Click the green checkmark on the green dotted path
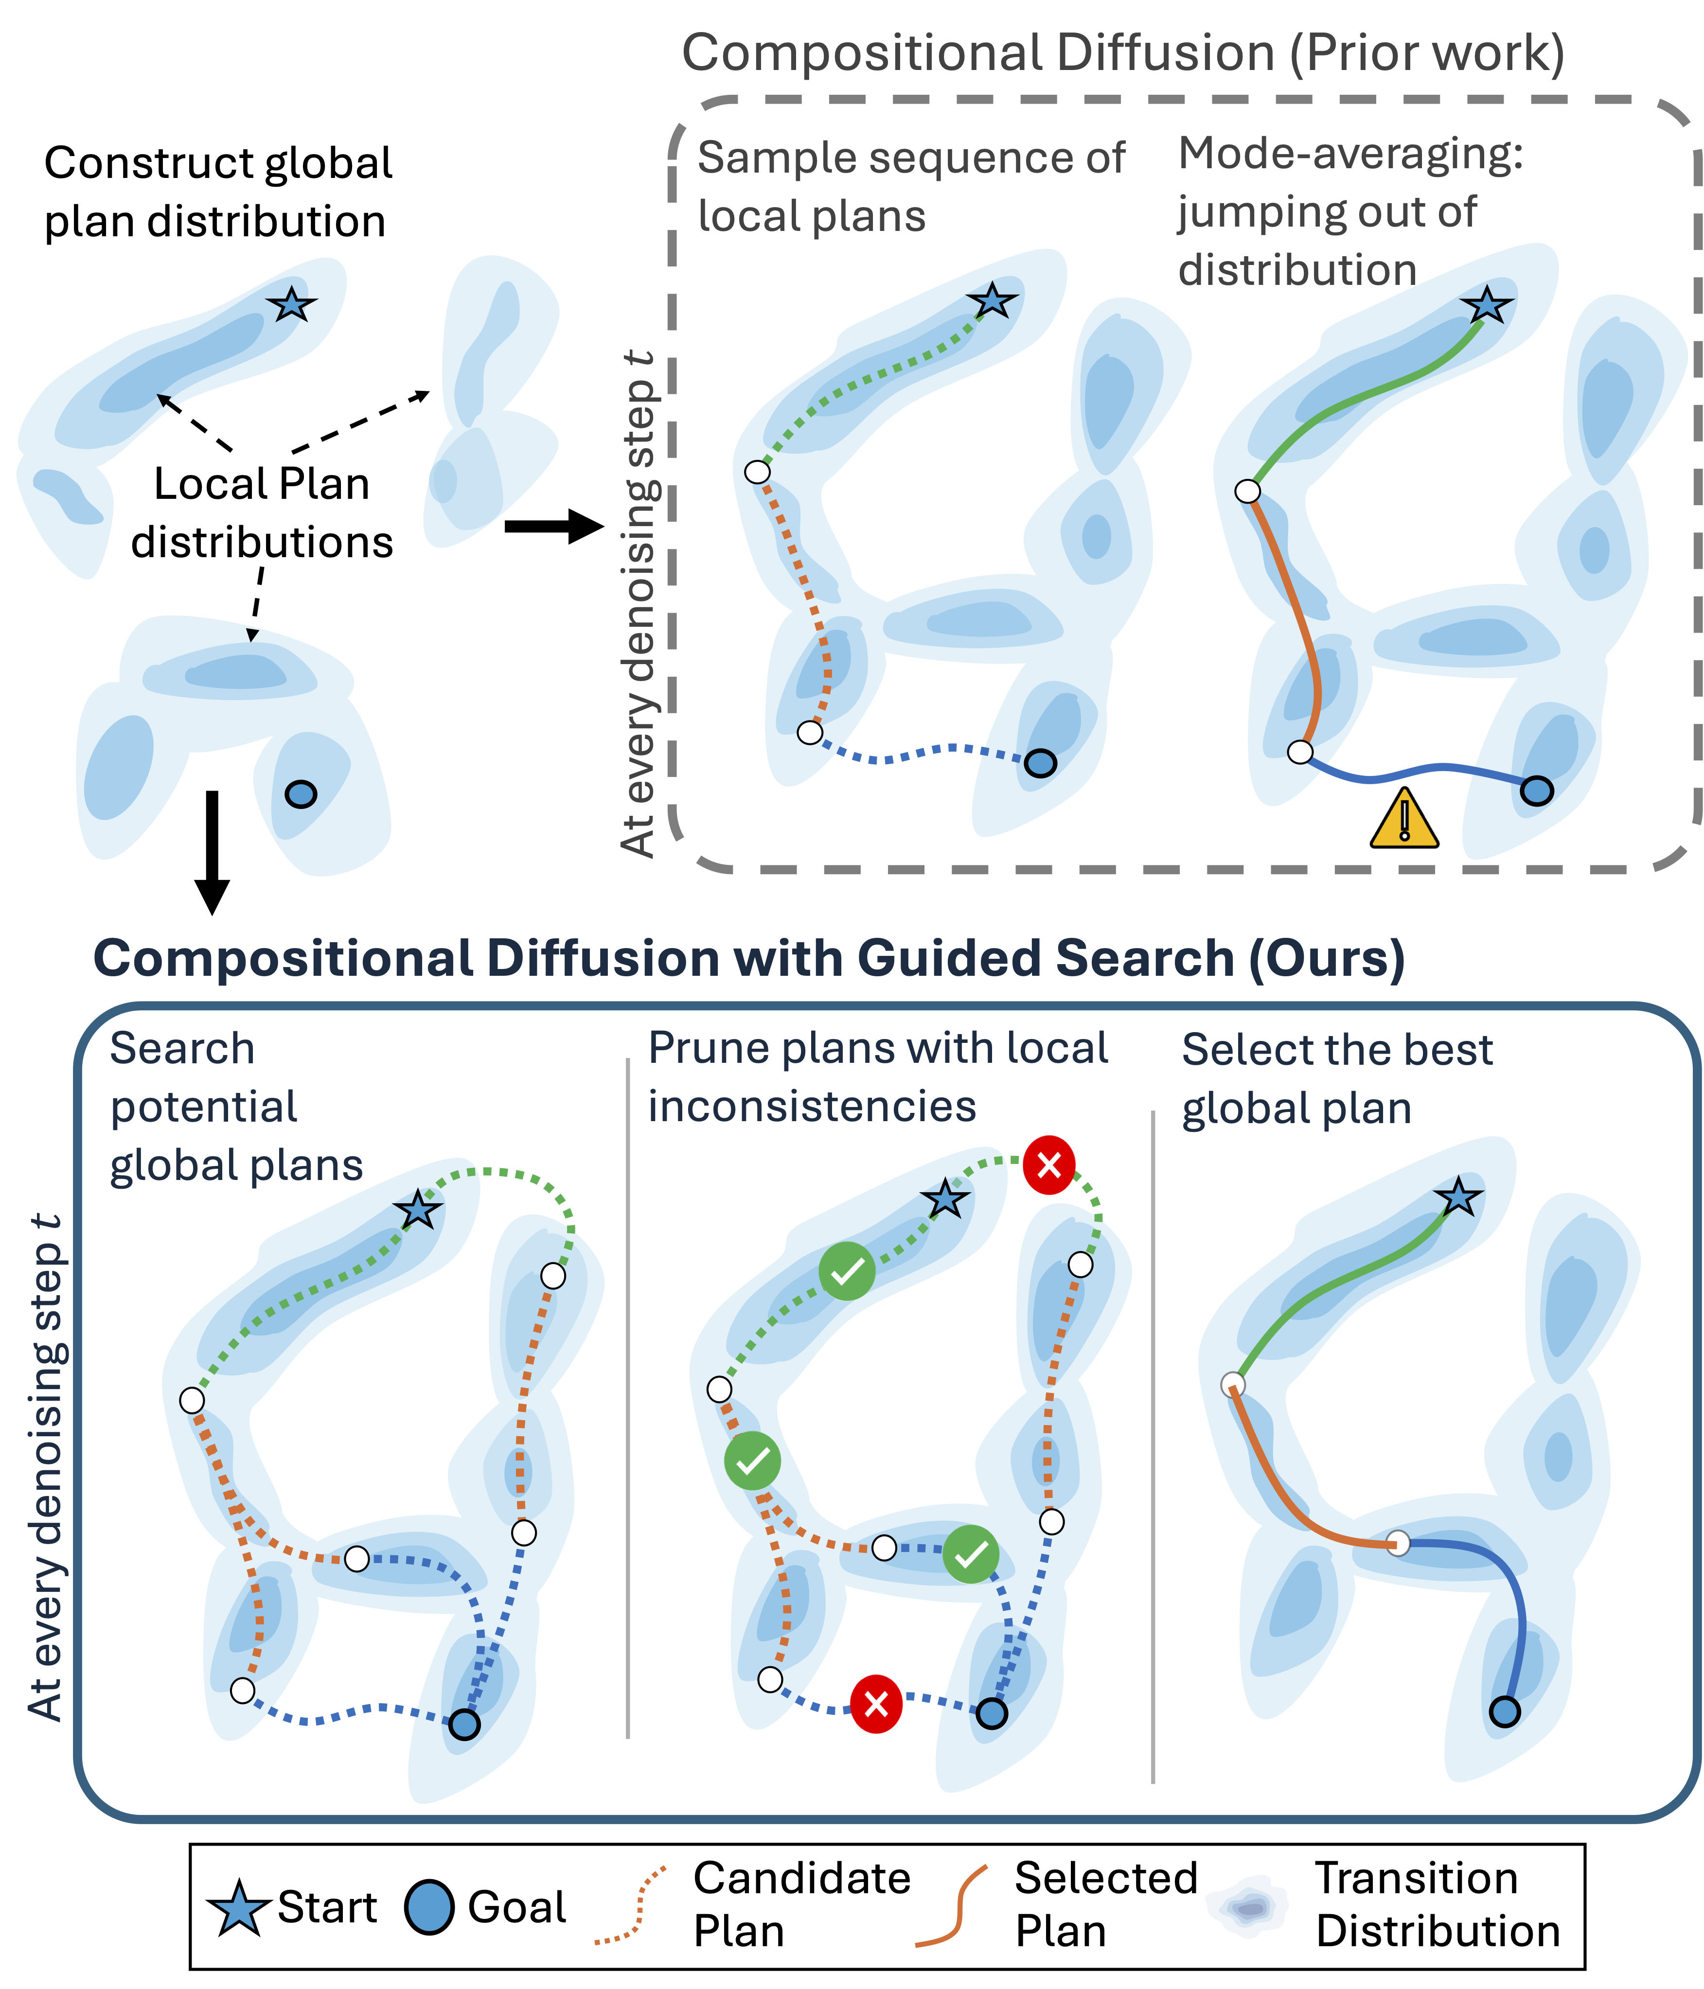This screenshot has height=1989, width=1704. click(847, 1271)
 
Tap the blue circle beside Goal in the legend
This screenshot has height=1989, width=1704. click(429, 1907)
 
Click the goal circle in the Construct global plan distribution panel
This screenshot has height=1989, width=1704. click(301, 794)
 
